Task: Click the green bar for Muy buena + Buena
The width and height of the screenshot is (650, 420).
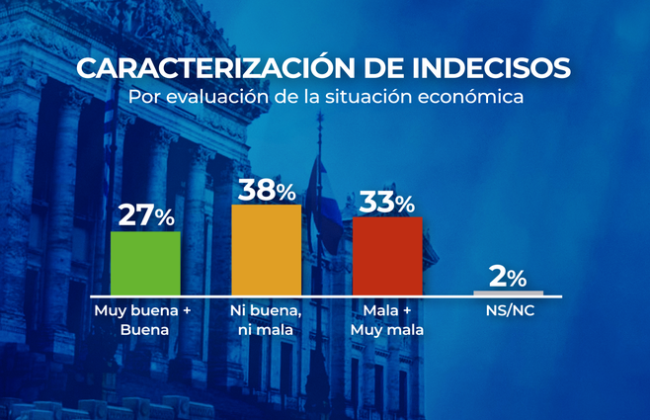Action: tap(145, 263)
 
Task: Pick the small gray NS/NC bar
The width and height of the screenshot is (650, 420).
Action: tap(508, 293)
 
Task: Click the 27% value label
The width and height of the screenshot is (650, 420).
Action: tap(145, 215)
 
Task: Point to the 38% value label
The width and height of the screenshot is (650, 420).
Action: tap(266, 190)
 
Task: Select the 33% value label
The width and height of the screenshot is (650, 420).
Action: tap(387, 203)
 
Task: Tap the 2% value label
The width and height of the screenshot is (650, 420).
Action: tap(508, 276)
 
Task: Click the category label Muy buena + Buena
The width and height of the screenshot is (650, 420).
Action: tap(145, 320)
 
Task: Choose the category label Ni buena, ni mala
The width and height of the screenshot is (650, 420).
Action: tap(266, 320)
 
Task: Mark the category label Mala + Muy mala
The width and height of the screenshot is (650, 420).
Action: tap(387, 320)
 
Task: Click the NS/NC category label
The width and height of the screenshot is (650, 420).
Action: tap(508, 311)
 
